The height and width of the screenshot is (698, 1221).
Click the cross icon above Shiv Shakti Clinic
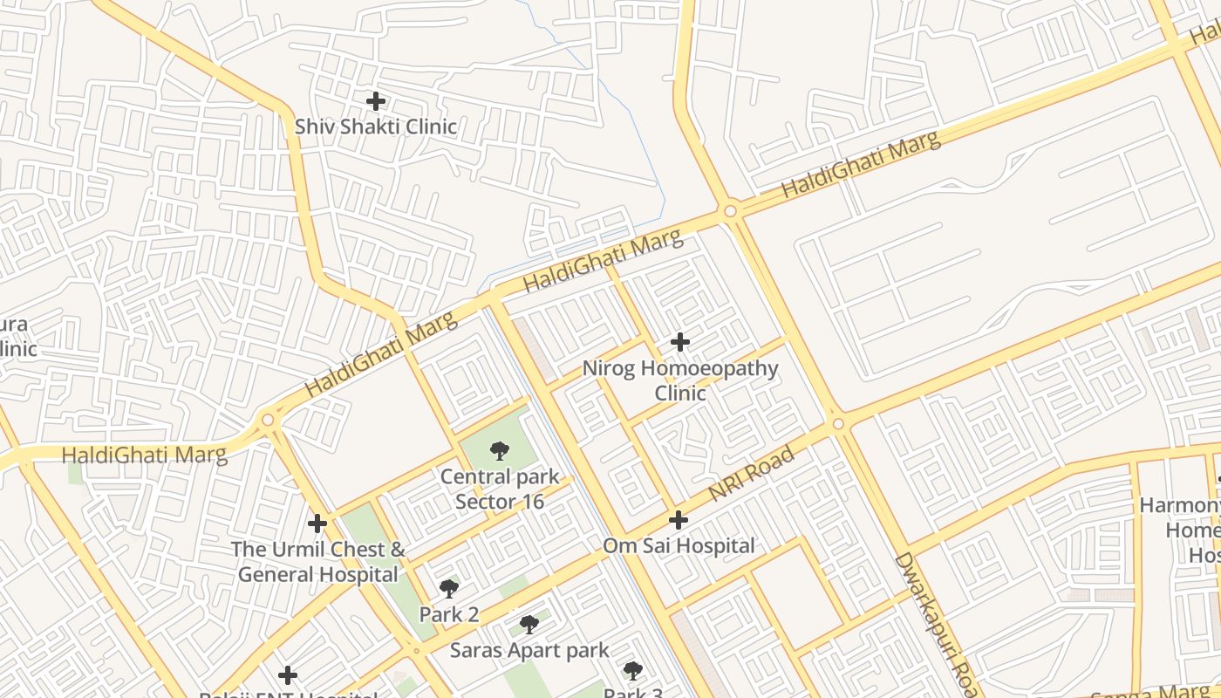[x=376, y=101]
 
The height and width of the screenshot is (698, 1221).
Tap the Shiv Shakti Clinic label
[x=376, y=127]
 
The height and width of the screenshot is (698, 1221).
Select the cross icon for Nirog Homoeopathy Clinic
[x=680, y=342]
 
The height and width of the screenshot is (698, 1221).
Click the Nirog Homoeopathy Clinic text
[x=680, y=380]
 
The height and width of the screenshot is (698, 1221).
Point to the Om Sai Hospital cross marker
[x=679, y=521]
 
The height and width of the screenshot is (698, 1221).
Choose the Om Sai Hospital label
[x=679, y=546]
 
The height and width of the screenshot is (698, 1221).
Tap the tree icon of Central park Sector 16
[x=500, y=451]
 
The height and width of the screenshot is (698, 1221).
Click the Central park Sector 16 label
[x=500, y=489]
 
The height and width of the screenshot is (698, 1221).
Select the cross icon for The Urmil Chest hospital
[x=317, y=523]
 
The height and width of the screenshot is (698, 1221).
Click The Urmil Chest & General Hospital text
[x=318, y=562]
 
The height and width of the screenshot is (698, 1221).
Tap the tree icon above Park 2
[x=449, y=589]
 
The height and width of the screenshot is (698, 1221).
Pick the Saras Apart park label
[x=529, y=650]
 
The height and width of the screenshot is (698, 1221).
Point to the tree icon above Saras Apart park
[x=529, y=625]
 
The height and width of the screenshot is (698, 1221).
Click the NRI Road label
[x=751, y=474]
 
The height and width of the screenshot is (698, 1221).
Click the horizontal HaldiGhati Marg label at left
[x=144, y=455]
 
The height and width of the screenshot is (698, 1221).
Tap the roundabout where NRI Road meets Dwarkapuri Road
[x=838, y=424]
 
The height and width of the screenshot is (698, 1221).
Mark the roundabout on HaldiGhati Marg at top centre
[x=730, y=210]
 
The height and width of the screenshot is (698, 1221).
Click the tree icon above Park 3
[x=633, y=671]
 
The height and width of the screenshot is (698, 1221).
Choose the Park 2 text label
[x=449, y=614]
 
